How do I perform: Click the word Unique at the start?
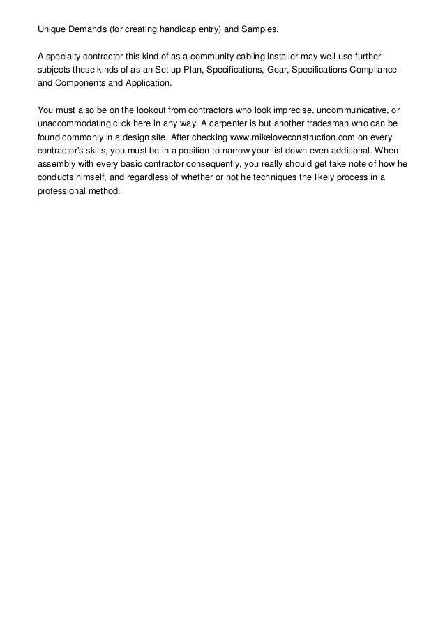point(51,31)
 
